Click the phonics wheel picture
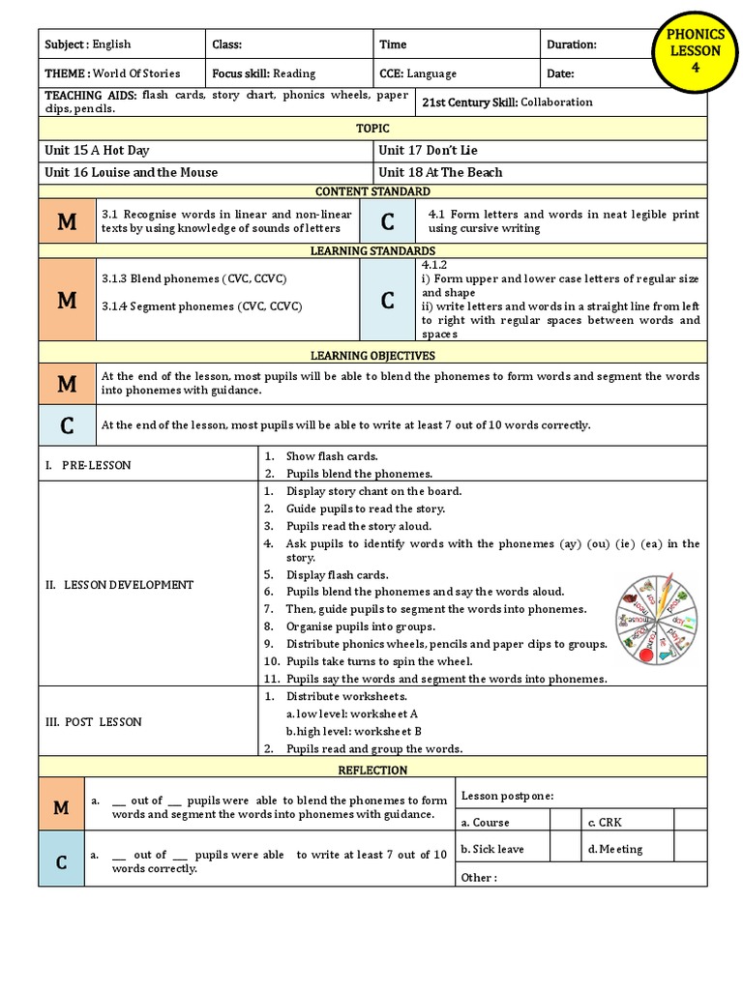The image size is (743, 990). [653, 620]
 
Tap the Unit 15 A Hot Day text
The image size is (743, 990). [97, 151]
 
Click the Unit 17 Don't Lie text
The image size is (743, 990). [428, 151]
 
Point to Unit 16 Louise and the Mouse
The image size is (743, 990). [131, 173]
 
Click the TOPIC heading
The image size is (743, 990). [372, 129]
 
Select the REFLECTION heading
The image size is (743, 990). [372, 771]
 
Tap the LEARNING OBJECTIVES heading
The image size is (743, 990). [372, 356]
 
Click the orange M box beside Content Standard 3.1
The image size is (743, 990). [67, 222]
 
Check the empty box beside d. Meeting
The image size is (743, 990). [690, 849]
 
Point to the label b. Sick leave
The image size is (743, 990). [492, 849]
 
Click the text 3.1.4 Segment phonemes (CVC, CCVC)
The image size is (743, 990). [201, 306]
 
